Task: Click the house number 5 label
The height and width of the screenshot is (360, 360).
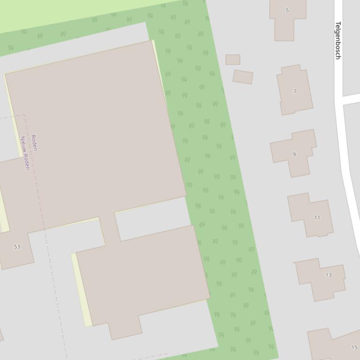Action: coord(287,10)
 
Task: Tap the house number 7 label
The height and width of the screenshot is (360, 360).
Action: coord(295,92)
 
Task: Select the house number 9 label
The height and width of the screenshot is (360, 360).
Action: coord(294,154)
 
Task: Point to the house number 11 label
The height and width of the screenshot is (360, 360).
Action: coord(317,217)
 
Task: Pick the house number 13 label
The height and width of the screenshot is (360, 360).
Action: coord(328,275)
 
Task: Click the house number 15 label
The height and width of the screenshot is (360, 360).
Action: coord(354,347)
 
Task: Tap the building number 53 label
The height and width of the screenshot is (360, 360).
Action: coord(17,246)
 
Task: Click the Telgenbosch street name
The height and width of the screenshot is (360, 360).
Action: coord(338,41)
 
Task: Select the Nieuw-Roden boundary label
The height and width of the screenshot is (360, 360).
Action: coord(25,153)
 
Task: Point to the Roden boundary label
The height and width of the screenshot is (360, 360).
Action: coord(34,143)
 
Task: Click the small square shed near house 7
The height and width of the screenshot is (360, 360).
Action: coord(233,59)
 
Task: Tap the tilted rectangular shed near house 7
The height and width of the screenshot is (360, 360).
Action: coord(243,77)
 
